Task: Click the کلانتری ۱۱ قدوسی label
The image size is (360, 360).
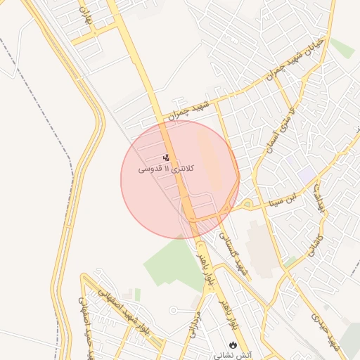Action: (166, 169)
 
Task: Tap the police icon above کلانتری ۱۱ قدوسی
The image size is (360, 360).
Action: (166, 157)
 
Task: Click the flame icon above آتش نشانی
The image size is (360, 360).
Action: (233, 345)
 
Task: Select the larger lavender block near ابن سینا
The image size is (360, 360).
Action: (307, 173)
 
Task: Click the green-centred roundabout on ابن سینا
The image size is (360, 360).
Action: (247, 205)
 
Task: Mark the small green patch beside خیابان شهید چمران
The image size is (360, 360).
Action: (342, 48)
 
